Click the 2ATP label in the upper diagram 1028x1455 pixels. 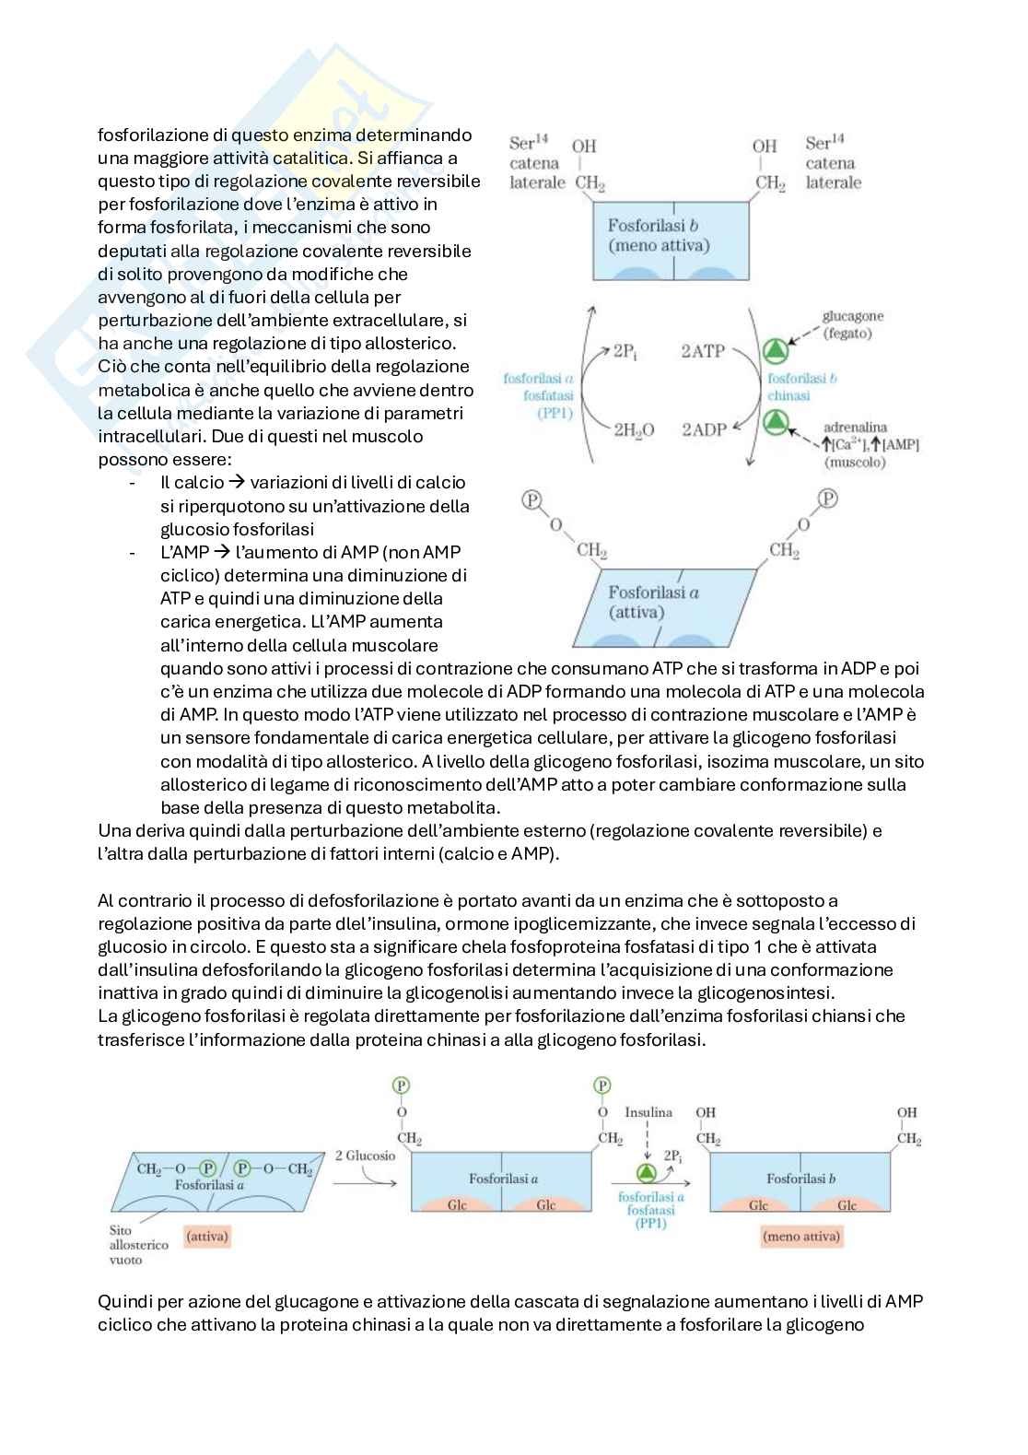point(703,350)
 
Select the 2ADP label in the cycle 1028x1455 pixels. point(704,429)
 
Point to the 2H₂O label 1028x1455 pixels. point(634,429)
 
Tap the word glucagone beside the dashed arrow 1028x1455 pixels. point(853,316)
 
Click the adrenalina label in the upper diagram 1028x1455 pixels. point(855,428)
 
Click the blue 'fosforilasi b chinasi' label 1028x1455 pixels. point(801,386)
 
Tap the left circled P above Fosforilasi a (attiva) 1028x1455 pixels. point(532,499)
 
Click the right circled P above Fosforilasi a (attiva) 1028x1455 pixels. point(828,499)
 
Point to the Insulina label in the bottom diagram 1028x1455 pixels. point(648,1112)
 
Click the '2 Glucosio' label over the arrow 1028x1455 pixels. point(365,1156)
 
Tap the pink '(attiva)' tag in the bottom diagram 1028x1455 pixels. point(207,1237)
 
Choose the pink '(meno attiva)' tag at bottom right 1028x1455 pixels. point(801,1237)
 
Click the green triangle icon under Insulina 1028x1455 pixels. point(647,1172)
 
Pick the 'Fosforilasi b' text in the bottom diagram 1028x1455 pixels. point(801,1178)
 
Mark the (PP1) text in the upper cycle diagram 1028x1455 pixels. point(555,413)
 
